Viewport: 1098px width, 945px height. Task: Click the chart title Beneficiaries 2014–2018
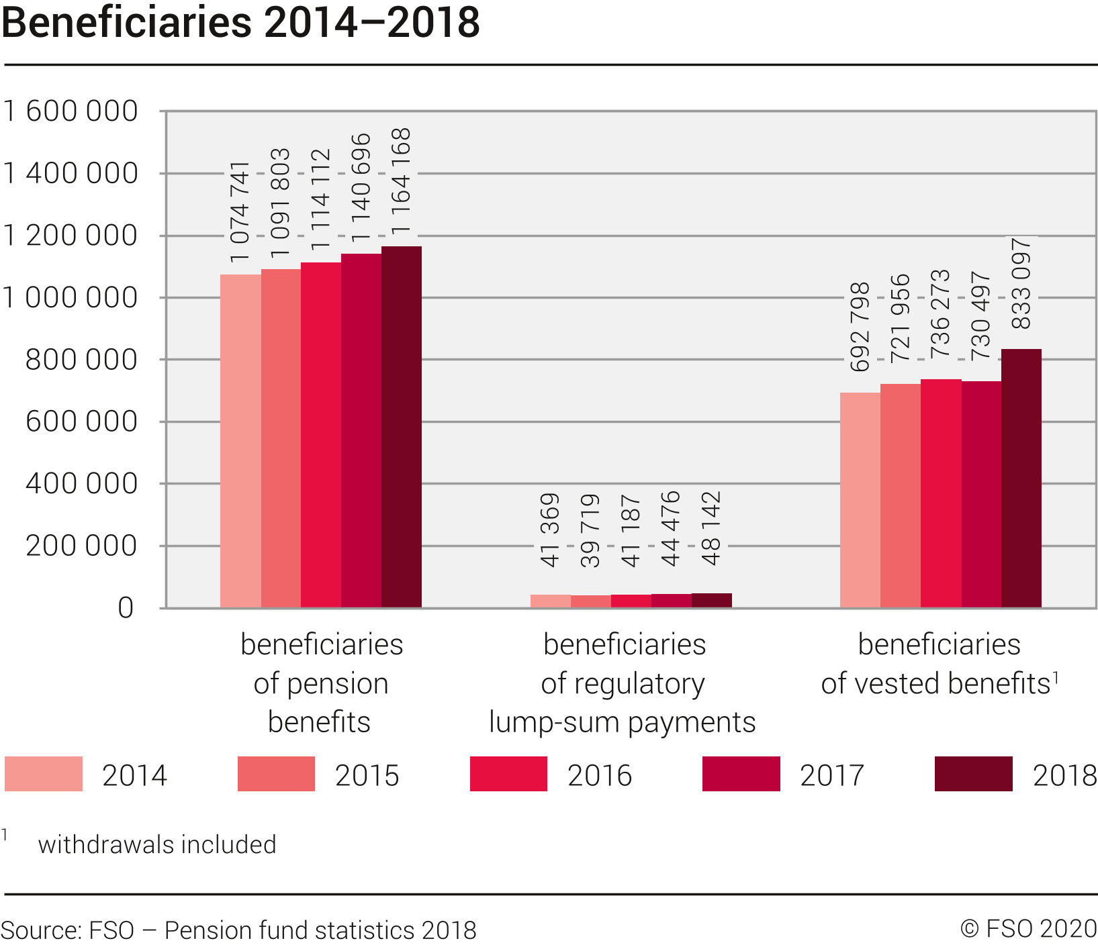click(240, 23)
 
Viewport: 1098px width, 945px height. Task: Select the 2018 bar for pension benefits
click(402, 427)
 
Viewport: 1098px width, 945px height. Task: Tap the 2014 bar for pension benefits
click(240, 441)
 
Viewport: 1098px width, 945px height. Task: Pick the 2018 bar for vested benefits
click(1021, 478)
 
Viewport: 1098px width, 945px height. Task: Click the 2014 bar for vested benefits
click(860, 500)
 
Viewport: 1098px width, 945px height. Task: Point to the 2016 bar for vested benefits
click(941, 493)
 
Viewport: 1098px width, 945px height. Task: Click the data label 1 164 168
click(402, 181)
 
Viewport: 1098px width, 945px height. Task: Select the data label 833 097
click(1021, 283)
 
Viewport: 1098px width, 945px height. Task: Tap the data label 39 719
click(590, 531)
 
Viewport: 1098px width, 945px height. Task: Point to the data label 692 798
click(860, 328)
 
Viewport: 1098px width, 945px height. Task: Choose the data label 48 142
click(711, 529)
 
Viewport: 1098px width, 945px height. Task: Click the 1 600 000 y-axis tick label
click(71, 111)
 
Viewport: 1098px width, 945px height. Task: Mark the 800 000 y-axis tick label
click(81, 360)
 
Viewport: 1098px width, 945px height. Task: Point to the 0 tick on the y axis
click(126, 608)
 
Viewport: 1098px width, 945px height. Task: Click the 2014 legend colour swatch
click(44, 774)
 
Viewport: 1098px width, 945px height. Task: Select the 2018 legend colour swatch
click(973, 774)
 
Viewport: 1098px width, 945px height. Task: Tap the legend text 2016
click(600, 775)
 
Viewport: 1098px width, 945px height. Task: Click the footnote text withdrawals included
click(157, 844)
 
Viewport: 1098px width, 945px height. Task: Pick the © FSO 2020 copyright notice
click(1028, 929)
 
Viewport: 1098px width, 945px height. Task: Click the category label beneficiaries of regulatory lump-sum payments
click(623, 683)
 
